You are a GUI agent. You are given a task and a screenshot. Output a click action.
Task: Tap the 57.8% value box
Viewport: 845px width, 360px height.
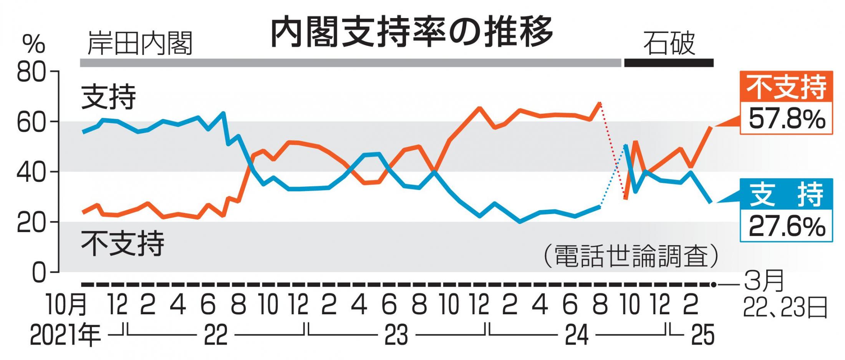[786, 119]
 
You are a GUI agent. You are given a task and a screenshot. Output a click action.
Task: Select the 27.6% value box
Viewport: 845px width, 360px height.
[786, 226]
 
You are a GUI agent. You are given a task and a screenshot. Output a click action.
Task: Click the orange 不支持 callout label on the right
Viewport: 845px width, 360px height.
[786, 87]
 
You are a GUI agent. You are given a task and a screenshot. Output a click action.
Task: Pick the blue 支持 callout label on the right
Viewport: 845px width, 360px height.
[786, 194]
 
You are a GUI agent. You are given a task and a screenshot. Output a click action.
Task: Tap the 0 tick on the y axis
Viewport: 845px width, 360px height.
[38, 273]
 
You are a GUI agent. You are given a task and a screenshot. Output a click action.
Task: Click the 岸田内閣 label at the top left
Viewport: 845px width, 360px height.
[140, 44]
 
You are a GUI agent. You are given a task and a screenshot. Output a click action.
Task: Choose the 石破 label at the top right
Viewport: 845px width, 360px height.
[669, 44]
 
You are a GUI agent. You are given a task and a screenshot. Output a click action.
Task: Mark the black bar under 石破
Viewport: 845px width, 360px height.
[668, 63]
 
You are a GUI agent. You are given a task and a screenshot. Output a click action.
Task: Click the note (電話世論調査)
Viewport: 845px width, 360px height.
[630, 256]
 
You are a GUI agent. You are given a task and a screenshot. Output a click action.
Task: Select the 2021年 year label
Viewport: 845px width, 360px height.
[65, 335]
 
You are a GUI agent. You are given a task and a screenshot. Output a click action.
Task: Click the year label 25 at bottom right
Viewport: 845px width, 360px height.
[703, 335]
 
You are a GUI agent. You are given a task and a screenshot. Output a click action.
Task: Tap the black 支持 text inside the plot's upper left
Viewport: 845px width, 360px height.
[109, 97]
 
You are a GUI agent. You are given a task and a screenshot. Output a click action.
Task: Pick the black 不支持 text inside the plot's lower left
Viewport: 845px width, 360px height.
[123, 243]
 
